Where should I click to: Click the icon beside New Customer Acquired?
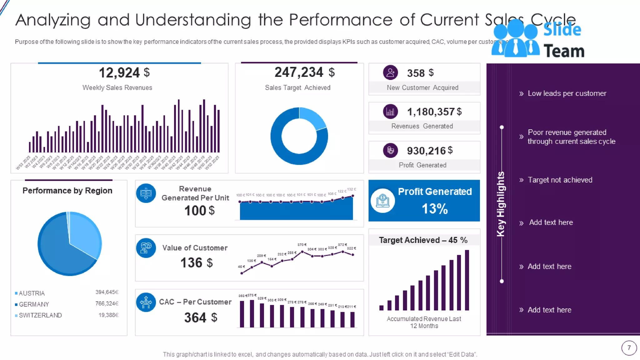point(390,73)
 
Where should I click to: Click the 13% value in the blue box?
point(435,209)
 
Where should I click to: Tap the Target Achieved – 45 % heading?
point(423,240)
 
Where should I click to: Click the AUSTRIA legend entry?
point(32,293)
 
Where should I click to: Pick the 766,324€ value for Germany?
point(107,303)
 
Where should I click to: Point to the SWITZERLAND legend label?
point(40,315)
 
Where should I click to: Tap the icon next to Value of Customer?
point(146,248)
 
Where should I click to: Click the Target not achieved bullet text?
point(560,180)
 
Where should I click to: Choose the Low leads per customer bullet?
point(567,93)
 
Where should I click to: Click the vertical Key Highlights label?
point(501,204)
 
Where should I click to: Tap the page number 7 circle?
point(629,348)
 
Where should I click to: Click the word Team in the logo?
point(564,51)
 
